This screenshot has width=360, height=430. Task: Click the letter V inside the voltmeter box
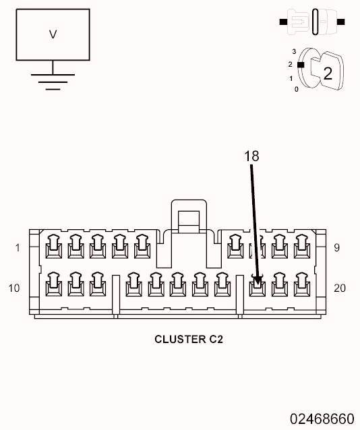pos(53,34)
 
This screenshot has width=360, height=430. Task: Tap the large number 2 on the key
pos(328,73)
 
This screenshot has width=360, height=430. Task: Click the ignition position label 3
pos(294,51)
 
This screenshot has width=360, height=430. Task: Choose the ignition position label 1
pos(291,78)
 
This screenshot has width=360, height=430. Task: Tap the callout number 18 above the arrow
pos(251,156)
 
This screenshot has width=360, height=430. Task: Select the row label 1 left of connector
pos(18,248)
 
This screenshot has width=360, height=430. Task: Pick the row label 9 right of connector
pos(336,248)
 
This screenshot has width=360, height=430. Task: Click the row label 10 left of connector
pos(15,288)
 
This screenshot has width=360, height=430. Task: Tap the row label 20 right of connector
pos(340,288)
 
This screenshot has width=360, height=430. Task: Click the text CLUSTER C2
pos(188,339)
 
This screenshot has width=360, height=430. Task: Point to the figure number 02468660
pos(322,418)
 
